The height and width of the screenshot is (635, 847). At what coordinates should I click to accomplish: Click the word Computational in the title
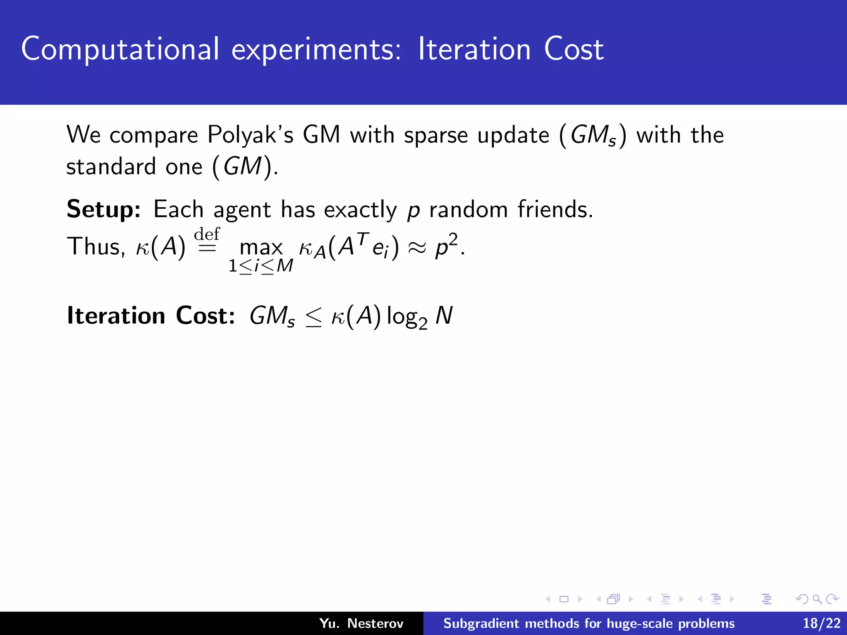[x=120, y=50]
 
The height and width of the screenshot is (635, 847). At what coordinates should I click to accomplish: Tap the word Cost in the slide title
[x=574, y=50]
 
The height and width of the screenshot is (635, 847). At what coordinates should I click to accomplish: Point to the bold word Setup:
[x=104, y=210]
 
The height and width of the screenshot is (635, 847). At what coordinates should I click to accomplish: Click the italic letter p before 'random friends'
[x=413, y=211]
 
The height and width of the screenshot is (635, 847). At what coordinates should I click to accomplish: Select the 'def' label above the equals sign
[x=207, y=234]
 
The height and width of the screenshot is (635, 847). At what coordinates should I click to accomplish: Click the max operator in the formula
[x=261, y=248]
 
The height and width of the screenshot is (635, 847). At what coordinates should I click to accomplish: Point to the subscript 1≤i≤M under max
[x=261, y=266]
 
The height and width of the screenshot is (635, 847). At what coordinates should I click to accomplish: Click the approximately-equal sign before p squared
[x=417, y=248]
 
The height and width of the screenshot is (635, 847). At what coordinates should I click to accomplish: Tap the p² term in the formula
[x=447, y=246]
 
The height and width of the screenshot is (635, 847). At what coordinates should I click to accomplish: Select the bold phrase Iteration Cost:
[x=151, y=316]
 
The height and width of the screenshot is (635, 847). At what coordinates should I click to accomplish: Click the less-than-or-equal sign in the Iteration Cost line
[x=313, y=317]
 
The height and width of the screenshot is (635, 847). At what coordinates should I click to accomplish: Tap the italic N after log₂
[x=444, y=316]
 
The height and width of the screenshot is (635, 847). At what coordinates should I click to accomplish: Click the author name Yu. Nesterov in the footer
[x=361, y=623]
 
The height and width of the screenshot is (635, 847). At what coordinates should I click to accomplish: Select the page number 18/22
[x=821, y=623]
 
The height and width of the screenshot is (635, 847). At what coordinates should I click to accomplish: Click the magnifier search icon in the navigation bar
[x=817, y=599]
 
